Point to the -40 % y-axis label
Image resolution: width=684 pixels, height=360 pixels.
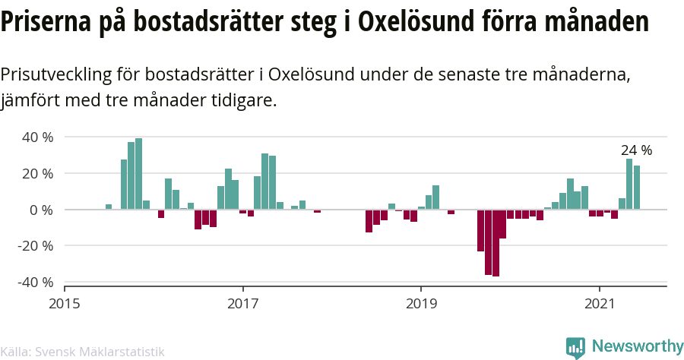point(35,283)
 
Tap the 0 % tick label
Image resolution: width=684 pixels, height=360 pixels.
point(42,210)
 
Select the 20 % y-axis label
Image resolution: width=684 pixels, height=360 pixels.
point(37,174)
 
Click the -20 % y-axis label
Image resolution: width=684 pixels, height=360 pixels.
point(35,246)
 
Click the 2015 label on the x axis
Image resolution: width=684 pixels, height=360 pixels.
point(65,304)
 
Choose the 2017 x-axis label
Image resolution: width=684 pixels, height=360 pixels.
point(243,304)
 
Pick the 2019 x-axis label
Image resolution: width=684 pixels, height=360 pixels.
point(421,304)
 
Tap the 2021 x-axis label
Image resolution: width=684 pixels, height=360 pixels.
point(600,304)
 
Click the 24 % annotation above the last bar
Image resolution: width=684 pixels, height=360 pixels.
point(636,150)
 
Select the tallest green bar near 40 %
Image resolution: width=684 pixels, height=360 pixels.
point(139,174)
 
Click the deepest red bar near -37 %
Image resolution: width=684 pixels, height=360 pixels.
point(496,243)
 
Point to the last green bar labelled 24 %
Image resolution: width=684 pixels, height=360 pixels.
point(637,188)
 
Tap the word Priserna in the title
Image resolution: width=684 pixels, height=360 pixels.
point(46,22)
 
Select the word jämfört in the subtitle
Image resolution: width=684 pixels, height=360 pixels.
point(30,101)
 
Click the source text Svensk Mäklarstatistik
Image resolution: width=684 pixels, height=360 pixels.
point(100,352)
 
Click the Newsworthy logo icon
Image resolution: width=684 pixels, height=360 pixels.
point(575,348)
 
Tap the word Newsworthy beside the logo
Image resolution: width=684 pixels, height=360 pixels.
point(638,346)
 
